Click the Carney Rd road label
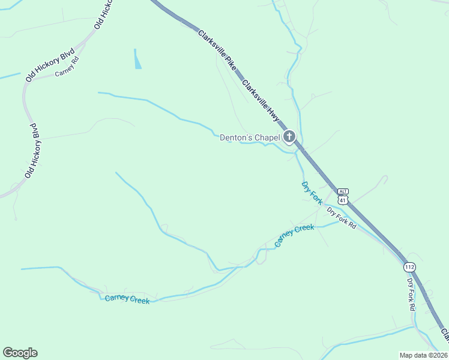pos(67,67)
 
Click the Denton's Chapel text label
pos(250,138)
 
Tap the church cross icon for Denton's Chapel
pos(289,137)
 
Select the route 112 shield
pos(409,266)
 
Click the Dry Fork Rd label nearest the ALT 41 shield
pos(341,218)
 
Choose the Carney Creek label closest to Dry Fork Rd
pos(294,235)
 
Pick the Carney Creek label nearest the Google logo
pos(127,299)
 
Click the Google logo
pos(20,353)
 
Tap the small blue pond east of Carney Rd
pos(138,59)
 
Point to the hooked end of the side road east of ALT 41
pos(384,178)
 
